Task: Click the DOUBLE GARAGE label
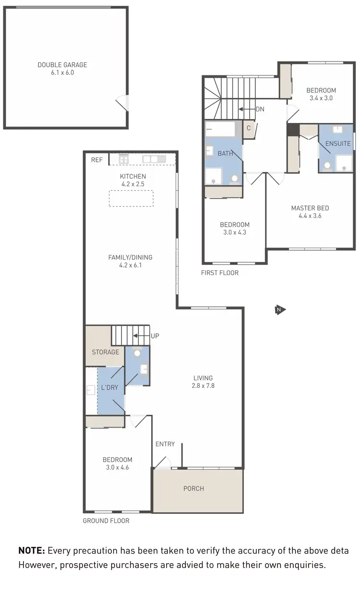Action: [62, 65]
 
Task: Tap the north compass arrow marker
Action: [280, 310]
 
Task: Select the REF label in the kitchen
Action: [97, 160]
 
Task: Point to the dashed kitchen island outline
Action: [131, 198]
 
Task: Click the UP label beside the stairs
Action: [155, 336]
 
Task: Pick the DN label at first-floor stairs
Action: [260, 109]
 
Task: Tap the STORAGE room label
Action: [106, 352]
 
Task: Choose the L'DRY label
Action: [109, 387]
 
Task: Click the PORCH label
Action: [193, 488]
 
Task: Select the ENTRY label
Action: [165, 444]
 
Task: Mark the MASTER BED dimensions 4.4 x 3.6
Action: [310, 216]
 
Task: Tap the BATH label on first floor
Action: [225, 154]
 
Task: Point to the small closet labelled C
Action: [249, 128]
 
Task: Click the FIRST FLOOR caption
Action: [220, 273]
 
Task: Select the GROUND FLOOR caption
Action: [106, 520]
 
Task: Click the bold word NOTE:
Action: [32, 551]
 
